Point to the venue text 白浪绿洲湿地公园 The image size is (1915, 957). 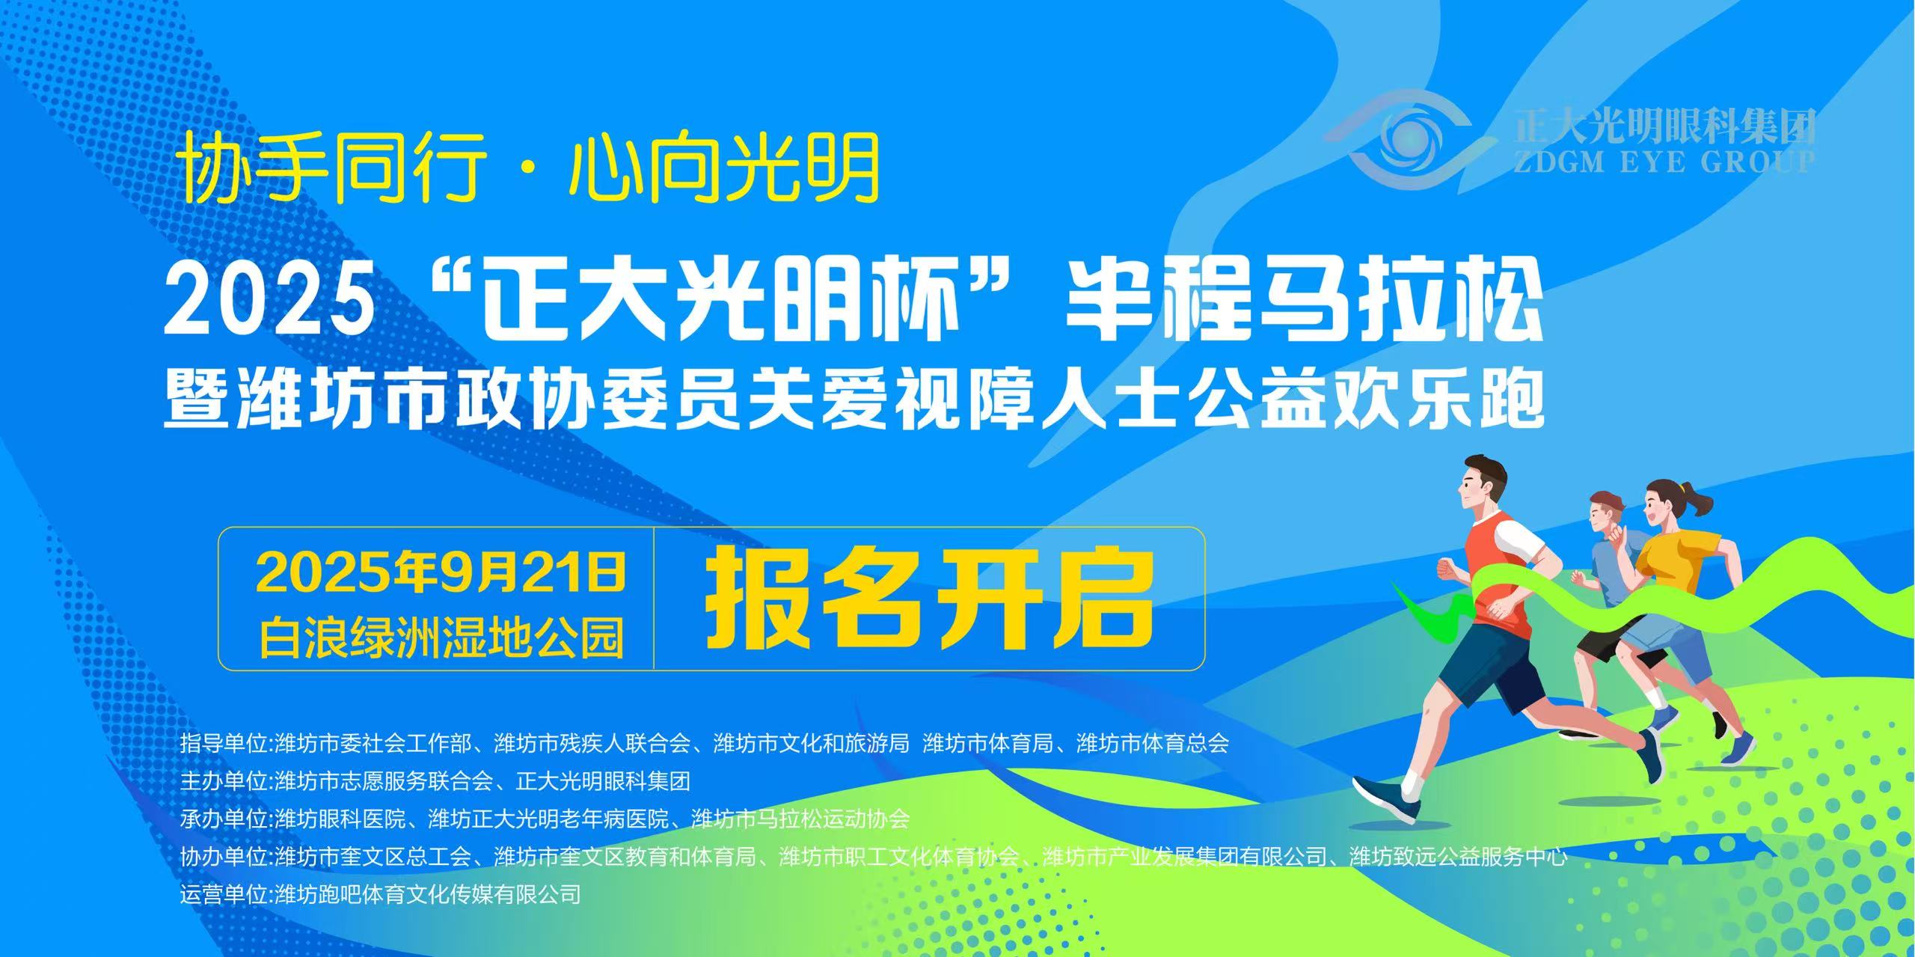click(x=441, y=638)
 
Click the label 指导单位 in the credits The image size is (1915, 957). click(x=224, y=744)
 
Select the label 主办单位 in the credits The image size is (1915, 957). click(x=224, y=781)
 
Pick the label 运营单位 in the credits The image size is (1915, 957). click(x=224, y=893)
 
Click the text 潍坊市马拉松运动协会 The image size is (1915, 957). click(x=800, y=819)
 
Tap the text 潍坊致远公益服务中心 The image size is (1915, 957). click(x=1459, y=856)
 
